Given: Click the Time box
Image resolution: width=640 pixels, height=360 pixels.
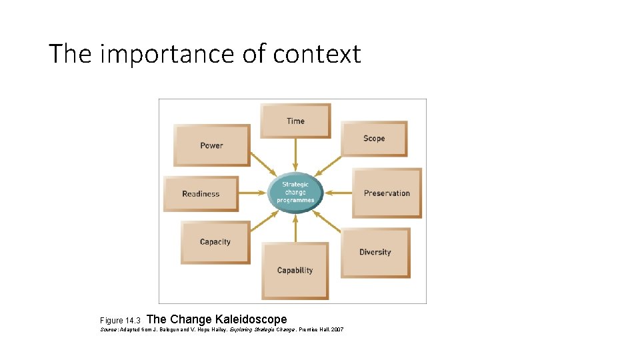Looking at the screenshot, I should [x=295, y=121].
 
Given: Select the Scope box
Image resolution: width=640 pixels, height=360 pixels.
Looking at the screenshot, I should [x=374, y=139].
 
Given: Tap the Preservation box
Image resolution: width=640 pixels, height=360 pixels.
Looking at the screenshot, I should [x=387, y=193].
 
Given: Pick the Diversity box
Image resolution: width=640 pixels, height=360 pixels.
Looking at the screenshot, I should [x=375, y=253].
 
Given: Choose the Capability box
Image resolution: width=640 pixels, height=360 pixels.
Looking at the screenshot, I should [x=295, y=271].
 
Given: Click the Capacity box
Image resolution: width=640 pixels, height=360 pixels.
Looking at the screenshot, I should [x=215, y=242].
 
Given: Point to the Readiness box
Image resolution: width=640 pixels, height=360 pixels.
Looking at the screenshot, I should [x=201, y=194].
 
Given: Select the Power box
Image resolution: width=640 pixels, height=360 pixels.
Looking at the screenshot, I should [x=211, y=145].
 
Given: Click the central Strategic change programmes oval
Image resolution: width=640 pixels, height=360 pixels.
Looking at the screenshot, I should [x=295, y=193].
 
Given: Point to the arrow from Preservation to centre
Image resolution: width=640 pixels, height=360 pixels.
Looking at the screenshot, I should [x=338, y=193].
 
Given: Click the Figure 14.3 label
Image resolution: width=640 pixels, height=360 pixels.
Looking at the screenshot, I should [x=120, y=321].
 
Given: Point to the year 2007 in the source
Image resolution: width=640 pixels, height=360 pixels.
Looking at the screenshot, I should [x=335, y=330].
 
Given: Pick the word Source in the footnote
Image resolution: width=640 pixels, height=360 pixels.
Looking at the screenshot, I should [x=109, y=330].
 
